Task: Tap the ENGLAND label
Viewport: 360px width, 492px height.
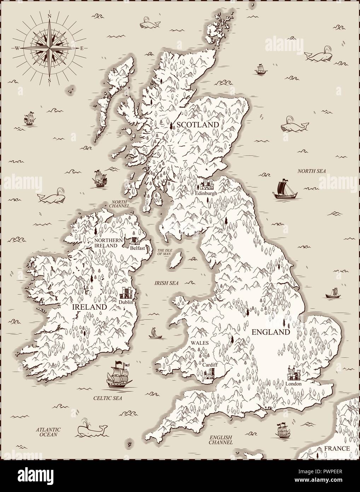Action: pyautogui.click(x=271, y=332)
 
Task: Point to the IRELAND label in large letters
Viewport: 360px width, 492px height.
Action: pyautogui.click(x=89, y=307)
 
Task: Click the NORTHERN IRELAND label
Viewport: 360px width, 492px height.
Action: pyautogui.click(x=106, y=243)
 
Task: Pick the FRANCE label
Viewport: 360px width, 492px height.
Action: pyautogui.click(x=338, y=448)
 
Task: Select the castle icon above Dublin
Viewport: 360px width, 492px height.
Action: pyautogui.click(x=126, y=293)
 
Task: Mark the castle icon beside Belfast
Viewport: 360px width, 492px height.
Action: pyautogui.click(x=135, y=242)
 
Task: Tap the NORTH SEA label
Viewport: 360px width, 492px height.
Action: pyautogui.click(x=311, y=171)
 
